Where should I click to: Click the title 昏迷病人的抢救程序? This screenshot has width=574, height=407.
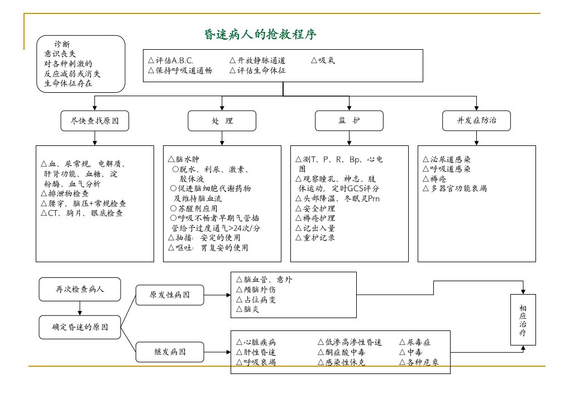pyautogui.click(x=260, y=35)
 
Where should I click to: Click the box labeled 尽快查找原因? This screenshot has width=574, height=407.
pyautogui.click(x=95, y=121)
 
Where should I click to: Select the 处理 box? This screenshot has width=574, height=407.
pyautogui.click(x=222, y=121)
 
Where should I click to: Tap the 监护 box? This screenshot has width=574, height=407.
pyautogui.click(x=349, y=121)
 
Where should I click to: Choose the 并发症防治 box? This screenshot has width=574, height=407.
pyautogui.click(x=476, y=121)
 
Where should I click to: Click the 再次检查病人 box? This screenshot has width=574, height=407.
pyautogui.click(x=80, y=289)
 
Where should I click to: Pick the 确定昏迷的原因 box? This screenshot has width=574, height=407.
pyautogui.click(x=80, y=327)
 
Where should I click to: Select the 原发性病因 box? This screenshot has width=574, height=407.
pyautogui.click(x=170, y=295)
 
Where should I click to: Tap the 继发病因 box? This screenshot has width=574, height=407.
pyautogui.click(x=170, y=352)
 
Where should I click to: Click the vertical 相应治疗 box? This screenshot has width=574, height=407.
pyautogui.click(x=523, y=320)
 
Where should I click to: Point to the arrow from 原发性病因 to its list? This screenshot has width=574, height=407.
pyautogui.click(x=217, y=295)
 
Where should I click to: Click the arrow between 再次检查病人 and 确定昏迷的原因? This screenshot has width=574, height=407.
pyautogui.click(x=80, y=309)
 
